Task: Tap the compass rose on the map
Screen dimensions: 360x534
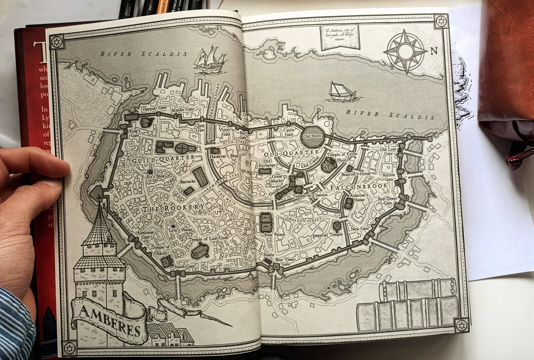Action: [x=405, y=52]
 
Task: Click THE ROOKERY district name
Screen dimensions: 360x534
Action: [x=173, y=208]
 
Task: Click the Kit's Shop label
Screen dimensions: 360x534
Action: [x=155, y=176]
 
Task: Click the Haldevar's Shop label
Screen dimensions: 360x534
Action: [x=223, y=157]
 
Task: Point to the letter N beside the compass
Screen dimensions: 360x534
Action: [x=434, y=51]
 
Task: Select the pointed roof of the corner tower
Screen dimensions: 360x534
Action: [x=99, y=227]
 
